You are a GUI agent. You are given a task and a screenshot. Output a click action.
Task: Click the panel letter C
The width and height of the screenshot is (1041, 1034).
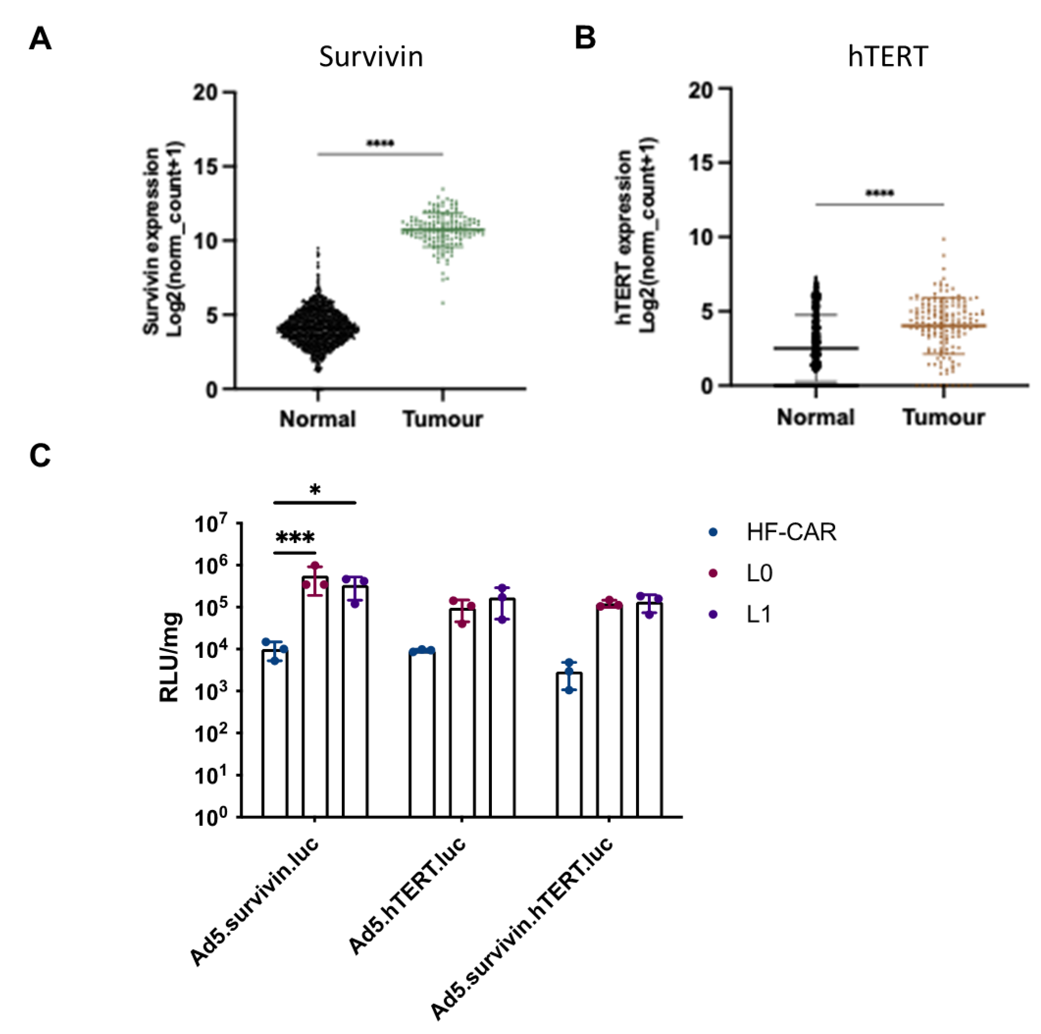click(x=40, y=456)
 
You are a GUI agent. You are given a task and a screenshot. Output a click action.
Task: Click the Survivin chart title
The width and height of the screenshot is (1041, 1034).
click(x=371, y=57)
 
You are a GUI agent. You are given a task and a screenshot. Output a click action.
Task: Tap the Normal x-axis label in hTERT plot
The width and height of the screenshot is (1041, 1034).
click(x=815, y=417)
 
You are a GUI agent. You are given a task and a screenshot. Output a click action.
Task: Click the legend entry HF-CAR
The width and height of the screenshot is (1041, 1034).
click(x=790, y=532)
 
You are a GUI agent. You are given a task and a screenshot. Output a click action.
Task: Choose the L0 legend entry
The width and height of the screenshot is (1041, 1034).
click(x=759, y=573)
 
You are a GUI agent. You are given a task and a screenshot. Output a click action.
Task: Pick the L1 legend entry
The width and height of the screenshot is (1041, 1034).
click(x=758, y=614)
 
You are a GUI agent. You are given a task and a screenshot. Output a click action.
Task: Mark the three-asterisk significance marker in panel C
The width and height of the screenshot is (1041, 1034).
click(x=295, y=538)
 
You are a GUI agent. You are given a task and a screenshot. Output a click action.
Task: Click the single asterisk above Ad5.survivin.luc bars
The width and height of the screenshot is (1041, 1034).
click(x=315, y=489)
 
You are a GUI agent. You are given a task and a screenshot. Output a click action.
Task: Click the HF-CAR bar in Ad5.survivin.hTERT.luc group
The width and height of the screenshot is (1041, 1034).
click(x=569, y=744)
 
